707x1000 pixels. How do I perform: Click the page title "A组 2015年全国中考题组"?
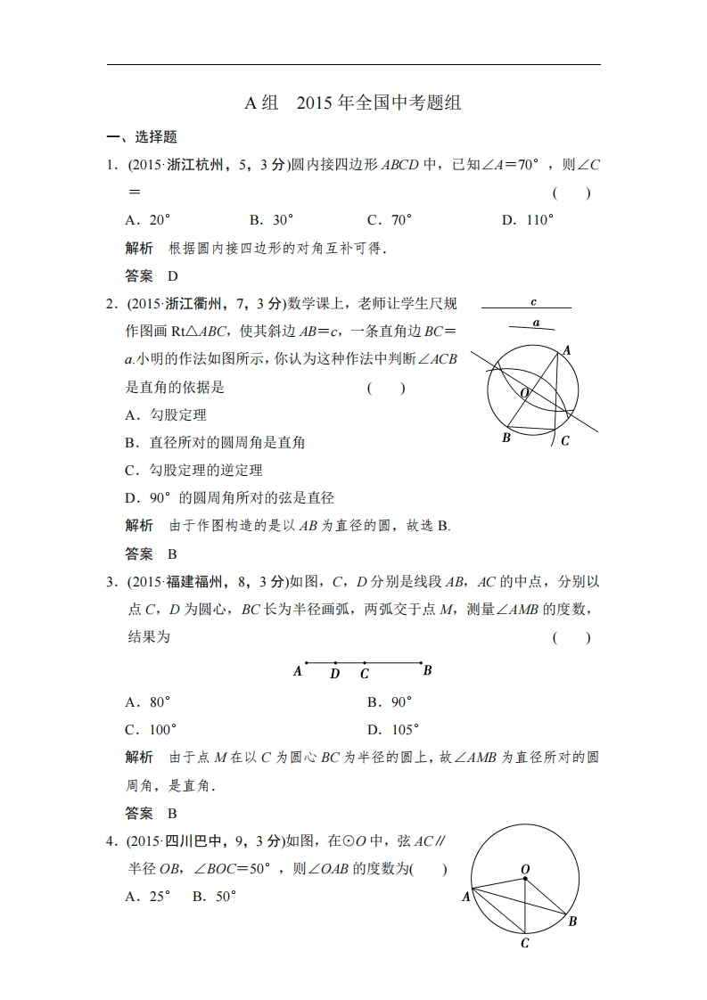click(x=353, y=102)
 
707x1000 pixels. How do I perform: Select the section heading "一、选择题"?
click(x=142, y=137)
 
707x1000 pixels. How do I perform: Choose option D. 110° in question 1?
click(x=528, y=220)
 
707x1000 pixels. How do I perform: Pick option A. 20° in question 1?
click(x=148, y=220)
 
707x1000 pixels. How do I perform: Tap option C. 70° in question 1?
click(x=390, y=220)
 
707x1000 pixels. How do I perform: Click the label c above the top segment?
click(x=533, y=302)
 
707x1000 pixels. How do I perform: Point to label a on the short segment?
click(x=536, y=323)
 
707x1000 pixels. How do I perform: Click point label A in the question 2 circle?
click(x=567, y=351)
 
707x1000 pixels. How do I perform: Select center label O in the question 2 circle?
click(x=524, y=393)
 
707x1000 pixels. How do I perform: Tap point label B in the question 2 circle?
click(x=506, y=438)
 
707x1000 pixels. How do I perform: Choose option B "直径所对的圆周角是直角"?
click(x=215, y=443)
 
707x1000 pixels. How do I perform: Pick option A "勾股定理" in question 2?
click(x=166, y=415)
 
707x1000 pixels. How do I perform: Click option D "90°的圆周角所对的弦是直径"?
click(x=229, y=498)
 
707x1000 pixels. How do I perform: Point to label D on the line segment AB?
click(x=334, y=674)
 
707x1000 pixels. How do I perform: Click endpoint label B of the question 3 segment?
click(x=428, y=670)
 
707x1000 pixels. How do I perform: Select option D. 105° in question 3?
click(x=393, y=730)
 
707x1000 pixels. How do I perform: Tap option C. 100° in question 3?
click(x=151, y=730)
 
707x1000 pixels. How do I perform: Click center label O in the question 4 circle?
click(x=525, y=868)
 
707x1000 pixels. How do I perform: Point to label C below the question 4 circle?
click(x=525, y=943)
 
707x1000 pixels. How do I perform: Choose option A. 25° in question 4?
click(x=148, y=898)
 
